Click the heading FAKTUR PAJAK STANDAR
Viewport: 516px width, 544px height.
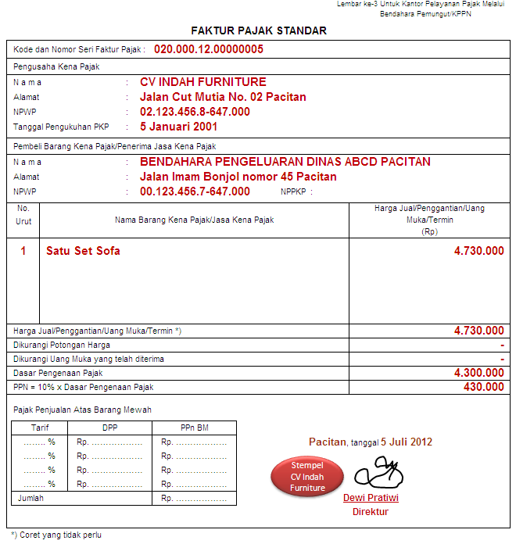[259, 30]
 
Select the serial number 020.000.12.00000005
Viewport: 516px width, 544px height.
[208, 49]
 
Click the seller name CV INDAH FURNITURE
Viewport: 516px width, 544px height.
[203, 82]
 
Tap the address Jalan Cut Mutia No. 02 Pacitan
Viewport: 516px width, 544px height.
[223, 97]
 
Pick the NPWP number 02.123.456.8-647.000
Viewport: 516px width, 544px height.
[195, 112]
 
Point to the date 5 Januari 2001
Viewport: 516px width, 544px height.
[178, 127]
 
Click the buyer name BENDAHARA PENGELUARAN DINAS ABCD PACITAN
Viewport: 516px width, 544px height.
[285, 162]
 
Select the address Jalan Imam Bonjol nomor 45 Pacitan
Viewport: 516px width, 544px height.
[238, 177]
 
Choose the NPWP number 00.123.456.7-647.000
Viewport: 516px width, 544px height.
[195, 191]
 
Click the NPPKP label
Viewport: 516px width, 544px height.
[296, 191]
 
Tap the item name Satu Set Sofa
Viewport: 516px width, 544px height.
[83, 251]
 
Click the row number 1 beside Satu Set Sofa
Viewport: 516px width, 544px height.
[23, 251]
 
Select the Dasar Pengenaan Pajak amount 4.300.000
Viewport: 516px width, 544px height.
[478, 374]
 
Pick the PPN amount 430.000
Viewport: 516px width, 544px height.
[485, 387]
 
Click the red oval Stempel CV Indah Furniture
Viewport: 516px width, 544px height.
[307, 477]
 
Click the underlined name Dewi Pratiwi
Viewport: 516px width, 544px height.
[371, 498]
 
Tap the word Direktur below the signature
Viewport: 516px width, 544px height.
[371, 512]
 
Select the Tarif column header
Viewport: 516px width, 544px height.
[40, 428]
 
